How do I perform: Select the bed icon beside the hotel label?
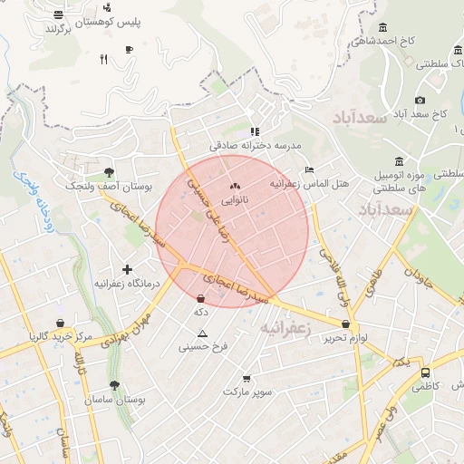[x=310, y=169]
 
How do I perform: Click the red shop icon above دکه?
[x=200, y=298]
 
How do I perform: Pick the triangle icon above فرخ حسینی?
[x=203, y=333]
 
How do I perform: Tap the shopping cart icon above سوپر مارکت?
[x=246, y=379]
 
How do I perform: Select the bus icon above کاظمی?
[x=425, y=372]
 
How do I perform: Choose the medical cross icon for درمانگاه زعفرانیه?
[x=127, y=269]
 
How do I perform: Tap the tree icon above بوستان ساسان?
[x=114, y=385]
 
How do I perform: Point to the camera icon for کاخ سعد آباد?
[x=420, y=100]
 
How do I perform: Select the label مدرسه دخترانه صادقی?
[x=255, y=145]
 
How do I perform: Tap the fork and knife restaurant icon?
[x=103, y=59]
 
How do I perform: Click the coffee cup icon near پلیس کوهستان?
[x=129, y=49]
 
